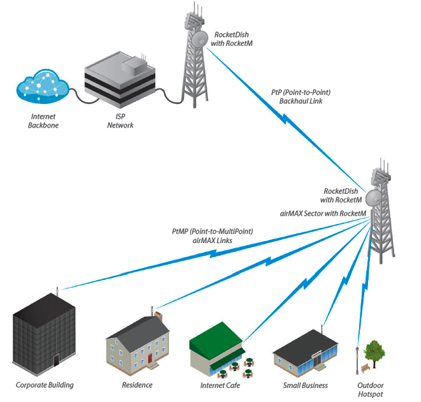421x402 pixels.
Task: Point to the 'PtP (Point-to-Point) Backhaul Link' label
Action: point(300,96)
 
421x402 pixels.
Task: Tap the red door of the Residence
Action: point(150,359)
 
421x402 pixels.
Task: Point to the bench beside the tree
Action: point(364,368)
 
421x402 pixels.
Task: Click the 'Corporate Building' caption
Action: point(45,385)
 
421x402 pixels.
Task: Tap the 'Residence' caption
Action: point(137,385)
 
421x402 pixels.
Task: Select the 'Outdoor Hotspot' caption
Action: point(371,390)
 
